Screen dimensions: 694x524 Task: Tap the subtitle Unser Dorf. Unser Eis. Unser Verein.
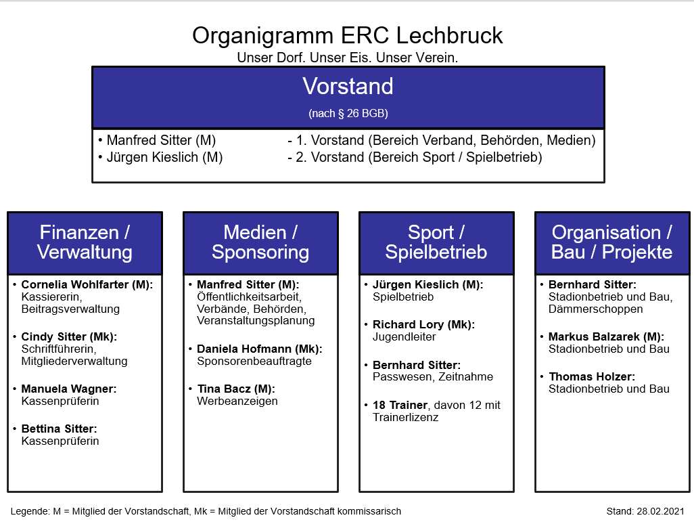[x=348, y=58]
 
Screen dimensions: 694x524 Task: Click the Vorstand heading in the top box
[x=348, y=86]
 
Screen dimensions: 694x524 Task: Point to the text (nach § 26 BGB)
[x=348, y=113]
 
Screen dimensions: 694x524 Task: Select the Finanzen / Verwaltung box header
[x=85, y=243]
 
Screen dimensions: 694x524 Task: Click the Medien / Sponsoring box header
[x=260, y=243]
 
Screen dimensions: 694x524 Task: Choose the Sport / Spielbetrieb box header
[x=436, y=243]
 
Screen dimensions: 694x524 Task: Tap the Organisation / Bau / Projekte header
[x=612, y=243]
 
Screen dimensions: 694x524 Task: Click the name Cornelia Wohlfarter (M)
[x=87, y=284]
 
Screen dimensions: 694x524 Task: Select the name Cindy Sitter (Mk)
[x=69, y=336]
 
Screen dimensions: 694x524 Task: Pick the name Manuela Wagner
[x=68, y=389]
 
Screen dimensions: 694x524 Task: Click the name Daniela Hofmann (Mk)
[x=259, y=349]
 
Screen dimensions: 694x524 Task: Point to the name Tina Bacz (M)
[x=236, y=389]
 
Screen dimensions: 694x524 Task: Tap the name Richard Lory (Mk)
[x=423, y=325]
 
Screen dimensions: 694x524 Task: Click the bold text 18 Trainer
[x=400, y=405]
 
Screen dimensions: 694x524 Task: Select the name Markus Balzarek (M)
[x=606, y=336]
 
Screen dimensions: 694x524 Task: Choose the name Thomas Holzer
[x=592, y=376]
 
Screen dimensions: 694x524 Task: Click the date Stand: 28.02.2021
[x=645, y=511]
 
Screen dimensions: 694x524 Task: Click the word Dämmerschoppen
[x=596, y=309]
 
